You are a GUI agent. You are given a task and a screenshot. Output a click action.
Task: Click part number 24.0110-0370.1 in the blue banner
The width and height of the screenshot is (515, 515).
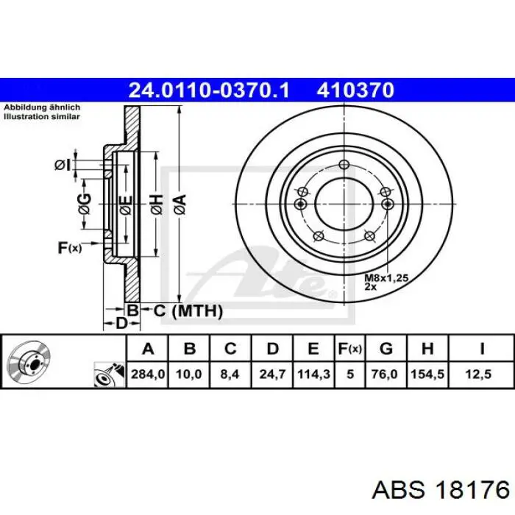coord(209,90)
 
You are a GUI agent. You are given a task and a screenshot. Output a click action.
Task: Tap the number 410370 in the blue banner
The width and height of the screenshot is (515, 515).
coord(355,90)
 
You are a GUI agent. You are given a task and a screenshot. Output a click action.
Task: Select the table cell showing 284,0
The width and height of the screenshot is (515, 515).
coord(148,374)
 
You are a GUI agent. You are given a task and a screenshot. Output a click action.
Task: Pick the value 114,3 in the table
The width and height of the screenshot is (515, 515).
coord(313,374)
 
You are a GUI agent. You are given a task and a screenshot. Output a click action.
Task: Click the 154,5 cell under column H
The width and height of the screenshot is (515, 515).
coord(427,374)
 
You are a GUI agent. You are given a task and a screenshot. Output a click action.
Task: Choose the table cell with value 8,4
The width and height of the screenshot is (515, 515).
coord(230,374)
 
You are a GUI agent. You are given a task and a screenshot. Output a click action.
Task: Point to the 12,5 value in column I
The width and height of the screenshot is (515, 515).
coord(478,374)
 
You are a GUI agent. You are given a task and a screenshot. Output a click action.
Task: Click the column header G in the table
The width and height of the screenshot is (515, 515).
coord(386,349)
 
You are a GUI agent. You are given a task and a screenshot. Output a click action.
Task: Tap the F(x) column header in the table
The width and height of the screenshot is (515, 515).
coord(349,349)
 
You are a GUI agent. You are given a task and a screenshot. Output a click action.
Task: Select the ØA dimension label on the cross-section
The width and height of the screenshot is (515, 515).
coord(180,205)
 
